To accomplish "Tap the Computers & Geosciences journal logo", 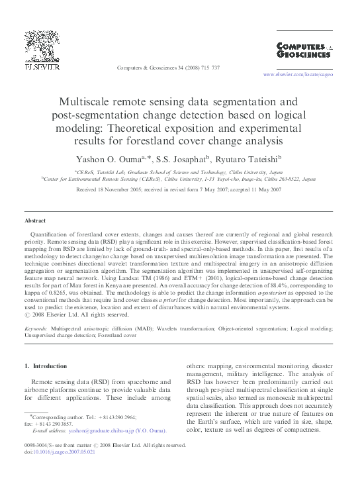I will point(301,53).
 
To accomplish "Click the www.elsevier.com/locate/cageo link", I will point(298,75).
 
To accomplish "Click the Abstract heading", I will point(35,221).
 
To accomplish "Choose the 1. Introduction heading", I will point(46,366).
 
